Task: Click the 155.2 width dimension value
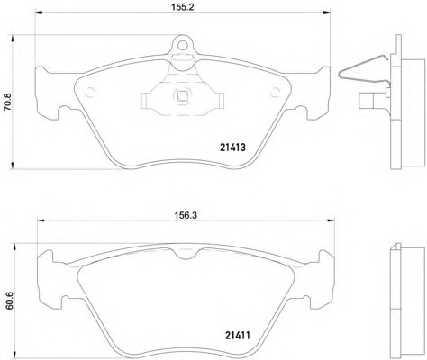click(x=183, y=6)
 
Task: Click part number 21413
click(x=232, y=148)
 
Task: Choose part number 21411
click(x=238, y=335)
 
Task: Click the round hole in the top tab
click(x=182, y=45)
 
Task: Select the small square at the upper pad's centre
click(x=182, y=95)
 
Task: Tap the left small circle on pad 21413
click(x=90, y=93)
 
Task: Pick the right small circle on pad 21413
click(x=275, y=93)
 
